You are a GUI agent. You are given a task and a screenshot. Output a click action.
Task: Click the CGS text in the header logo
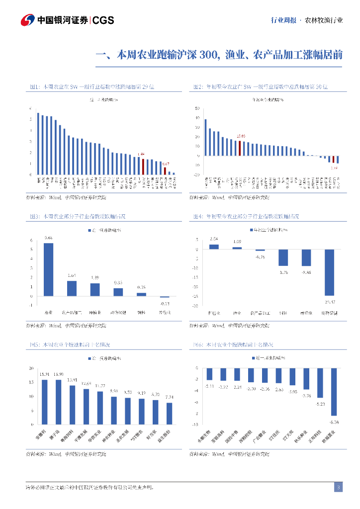[x=103, y=20]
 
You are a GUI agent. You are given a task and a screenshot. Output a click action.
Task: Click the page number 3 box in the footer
[x=338, y=487]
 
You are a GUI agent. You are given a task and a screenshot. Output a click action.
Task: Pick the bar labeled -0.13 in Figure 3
[x=164, y=297]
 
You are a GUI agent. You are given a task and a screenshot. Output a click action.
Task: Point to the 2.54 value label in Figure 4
[x=214, y=239]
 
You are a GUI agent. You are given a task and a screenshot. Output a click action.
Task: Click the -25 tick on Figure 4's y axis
[x=196, y=296]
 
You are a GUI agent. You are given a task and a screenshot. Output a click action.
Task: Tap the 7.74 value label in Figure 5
[x=169, y=397]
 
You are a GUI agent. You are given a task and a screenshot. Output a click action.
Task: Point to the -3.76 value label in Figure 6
[x=306, y=396]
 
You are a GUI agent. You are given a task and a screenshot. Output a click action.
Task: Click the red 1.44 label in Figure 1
[x=141, y=154]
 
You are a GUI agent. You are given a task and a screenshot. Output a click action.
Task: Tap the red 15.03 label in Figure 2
[x=241, y=136]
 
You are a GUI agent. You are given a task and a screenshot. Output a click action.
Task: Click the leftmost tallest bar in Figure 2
[x=205, y=137]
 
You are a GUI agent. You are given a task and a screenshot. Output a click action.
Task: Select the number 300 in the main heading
[x=208, y=55]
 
